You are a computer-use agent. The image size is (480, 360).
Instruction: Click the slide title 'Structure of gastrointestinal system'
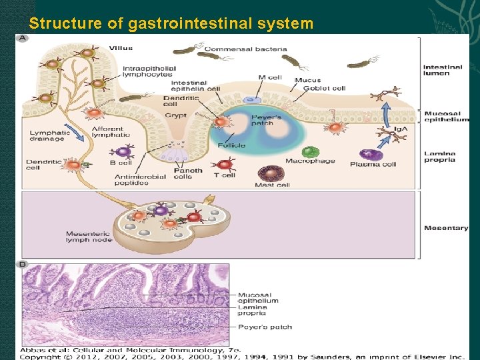coord(171,24)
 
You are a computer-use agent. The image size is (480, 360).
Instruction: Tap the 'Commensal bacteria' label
coord(245,49)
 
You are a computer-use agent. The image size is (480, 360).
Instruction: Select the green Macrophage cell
coord(310,152)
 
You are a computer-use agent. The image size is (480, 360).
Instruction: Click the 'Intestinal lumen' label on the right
coord(442,70)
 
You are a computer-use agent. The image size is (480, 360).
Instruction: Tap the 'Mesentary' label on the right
coord(445,228)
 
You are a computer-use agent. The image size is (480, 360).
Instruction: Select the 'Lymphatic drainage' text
coord(47,136)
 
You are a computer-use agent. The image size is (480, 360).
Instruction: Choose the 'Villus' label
coord(121,48)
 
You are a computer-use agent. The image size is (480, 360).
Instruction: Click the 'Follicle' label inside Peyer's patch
coord(231,145)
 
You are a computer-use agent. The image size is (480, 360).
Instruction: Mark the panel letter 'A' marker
coord(23,38)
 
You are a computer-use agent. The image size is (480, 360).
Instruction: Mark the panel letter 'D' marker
coord(23,265)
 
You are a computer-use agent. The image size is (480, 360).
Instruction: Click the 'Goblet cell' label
coord(325,88)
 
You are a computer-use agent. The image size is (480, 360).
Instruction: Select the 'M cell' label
coord(270,77)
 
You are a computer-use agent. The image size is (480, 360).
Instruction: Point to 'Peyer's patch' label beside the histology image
coord(265,327)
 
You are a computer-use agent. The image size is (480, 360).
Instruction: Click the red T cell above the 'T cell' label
coord(225,163)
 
